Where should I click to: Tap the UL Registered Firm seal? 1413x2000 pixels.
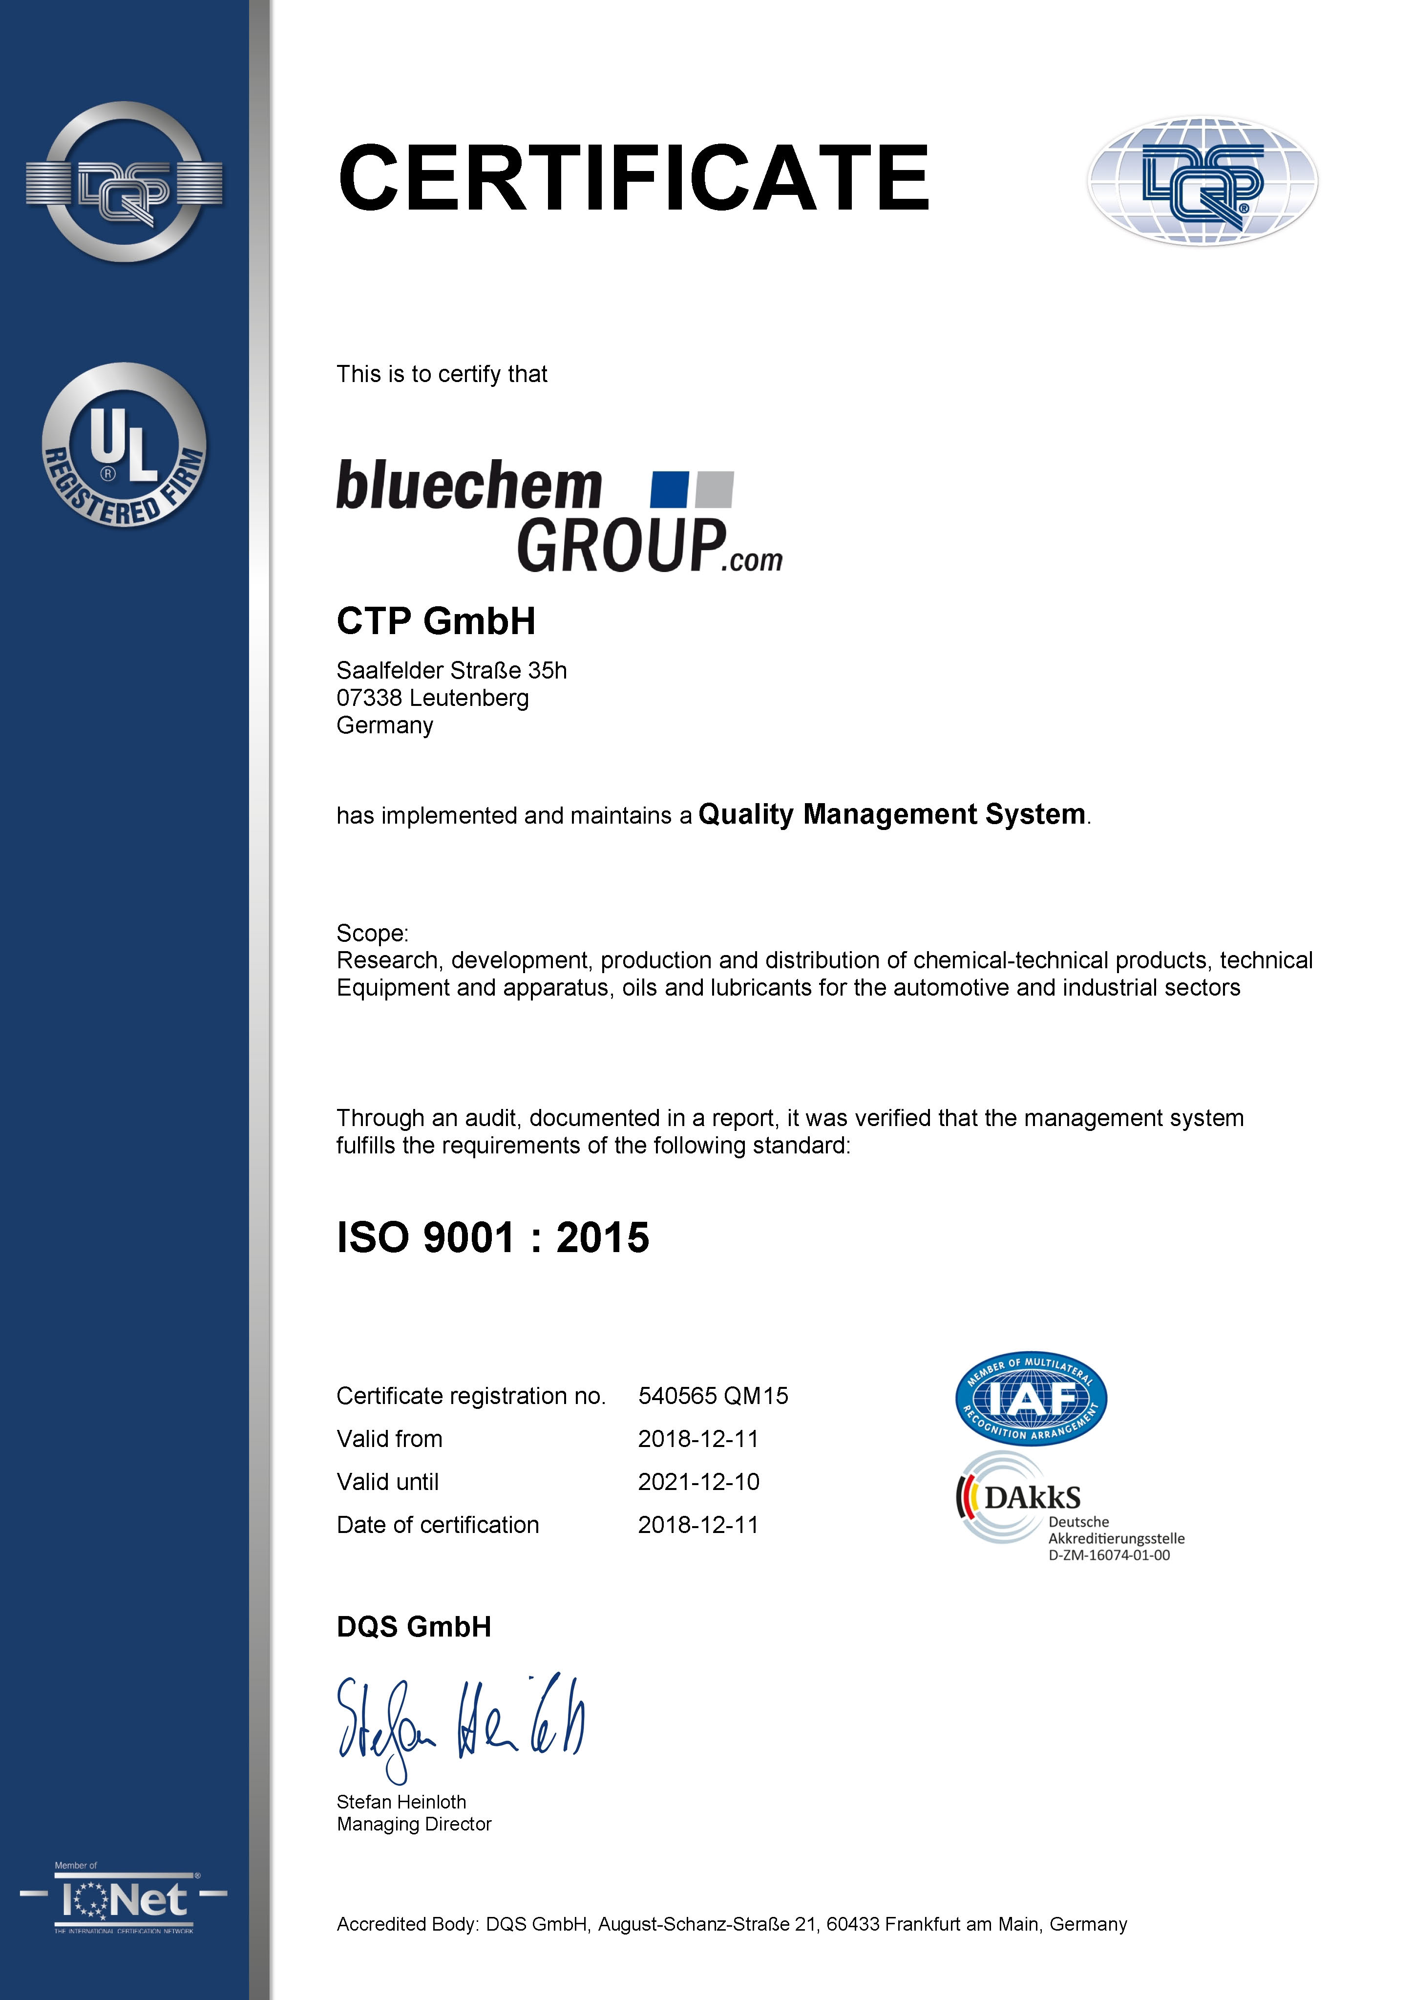[x=125, y=445]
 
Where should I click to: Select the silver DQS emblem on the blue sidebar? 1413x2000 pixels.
[x=125, y=183]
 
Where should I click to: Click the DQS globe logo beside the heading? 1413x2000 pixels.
[x=1202, y=181]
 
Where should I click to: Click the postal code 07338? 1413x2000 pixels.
[x=369, y=698]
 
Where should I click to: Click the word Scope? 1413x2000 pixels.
[x=371, y=933]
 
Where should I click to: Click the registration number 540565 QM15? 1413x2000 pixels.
[x=713, y=1396]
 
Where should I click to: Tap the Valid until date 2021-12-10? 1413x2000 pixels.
[x=698, y=1482]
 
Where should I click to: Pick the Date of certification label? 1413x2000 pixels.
[x=437, y=1524]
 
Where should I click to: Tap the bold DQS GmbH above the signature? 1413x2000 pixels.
[x=414, y=1626]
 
